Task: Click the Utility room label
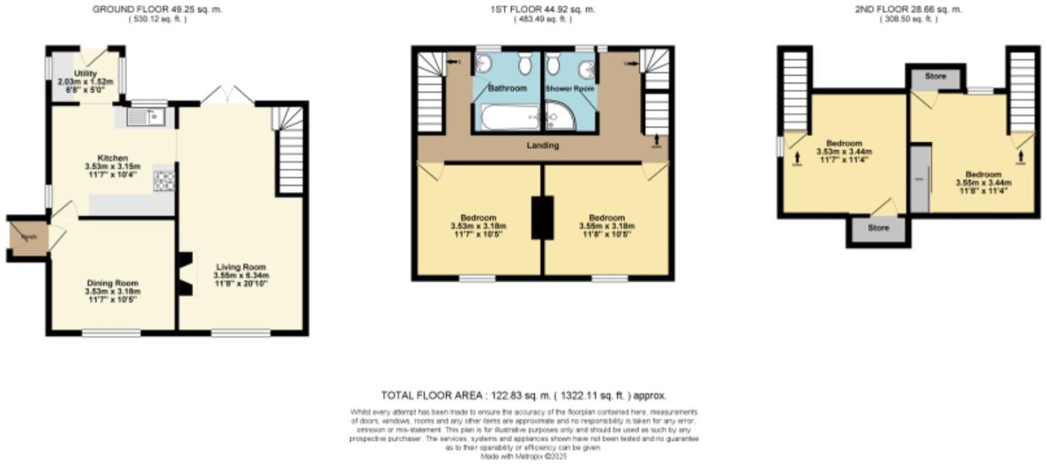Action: click(x=85, y=74)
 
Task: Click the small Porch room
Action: click(x=28, y=237)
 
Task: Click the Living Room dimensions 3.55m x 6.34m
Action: click(x=241, y=275)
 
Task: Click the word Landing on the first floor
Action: click(x=543, y=146)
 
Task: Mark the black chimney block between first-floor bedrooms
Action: click(x=543, y=217)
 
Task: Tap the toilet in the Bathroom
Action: click(x=525, y=66)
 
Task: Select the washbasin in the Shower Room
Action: click(x=586, y=69)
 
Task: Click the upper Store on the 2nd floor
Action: click(x=935, y=77)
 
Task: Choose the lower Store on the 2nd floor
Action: click(x=878, y=229)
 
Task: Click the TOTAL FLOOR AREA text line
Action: click(x=523, y=396)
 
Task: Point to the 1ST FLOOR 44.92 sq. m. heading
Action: click(x=543, y=9)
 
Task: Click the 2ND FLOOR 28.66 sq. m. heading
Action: click(x=909, y=9)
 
